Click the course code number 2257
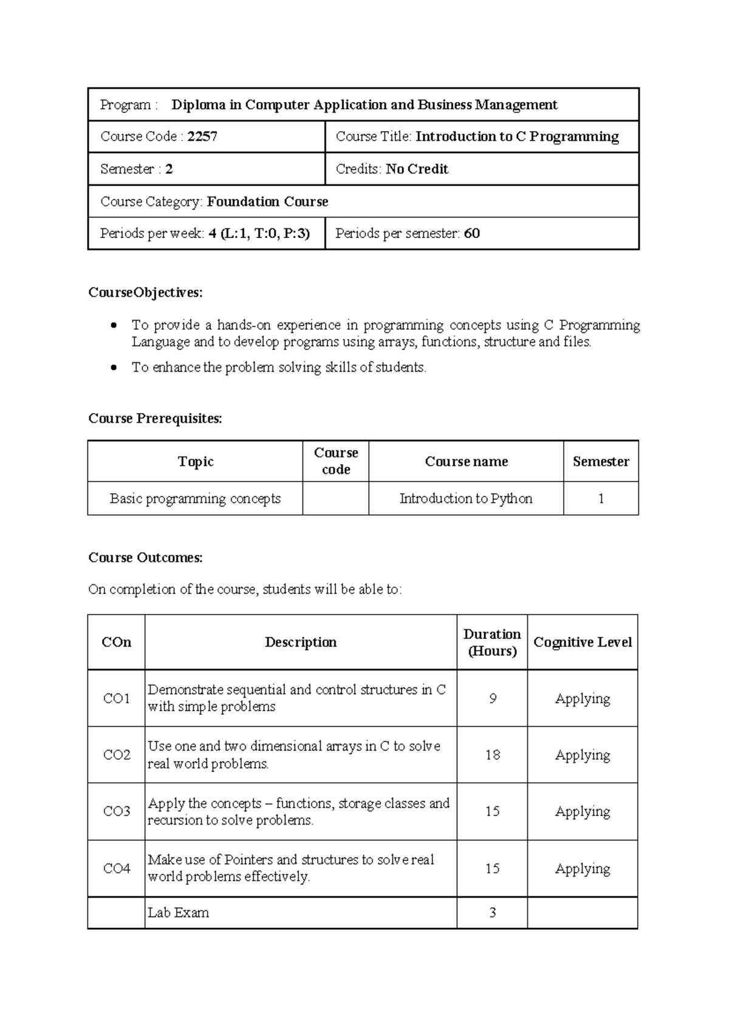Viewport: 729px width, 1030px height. pos(202,137)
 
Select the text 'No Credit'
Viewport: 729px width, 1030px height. pos(417,169)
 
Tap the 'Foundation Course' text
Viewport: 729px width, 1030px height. pos(267,202)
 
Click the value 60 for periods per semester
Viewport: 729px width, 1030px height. pos(471,234)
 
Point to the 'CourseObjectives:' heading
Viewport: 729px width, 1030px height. pos(145,293)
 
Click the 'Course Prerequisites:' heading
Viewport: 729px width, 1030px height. pos(155,418)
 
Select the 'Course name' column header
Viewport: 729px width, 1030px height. pos(466,462)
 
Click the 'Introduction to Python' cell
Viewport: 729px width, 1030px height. pos(465,499)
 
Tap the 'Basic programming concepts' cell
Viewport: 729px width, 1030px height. pos(195,499)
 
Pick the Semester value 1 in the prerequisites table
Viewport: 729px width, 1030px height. pos(601,499)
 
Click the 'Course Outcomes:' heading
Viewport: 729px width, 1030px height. pos(145,558)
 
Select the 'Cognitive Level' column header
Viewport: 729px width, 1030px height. pos(582,643)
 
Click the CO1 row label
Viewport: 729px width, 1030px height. pos(117,698)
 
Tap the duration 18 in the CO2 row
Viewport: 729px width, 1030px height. pos(492,755)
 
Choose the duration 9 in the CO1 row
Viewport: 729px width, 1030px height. pos(492,698)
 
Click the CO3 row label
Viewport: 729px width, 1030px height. pos(117,811)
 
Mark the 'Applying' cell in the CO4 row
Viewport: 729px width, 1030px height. pos(582,868)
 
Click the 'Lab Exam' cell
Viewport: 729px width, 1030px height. pos(178,913)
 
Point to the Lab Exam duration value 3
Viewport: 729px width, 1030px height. pos(492,913)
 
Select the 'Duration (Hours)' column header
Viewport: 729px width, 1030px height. pos(492,643)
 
